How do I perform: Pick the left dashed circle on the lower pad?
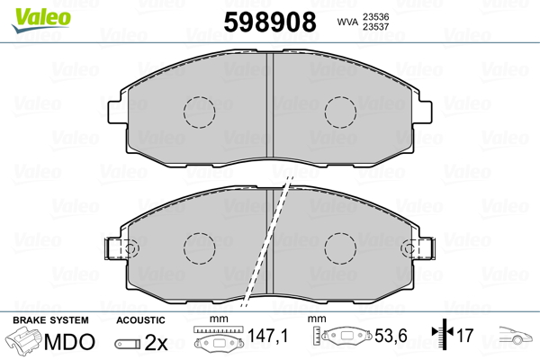[x=200, y=247]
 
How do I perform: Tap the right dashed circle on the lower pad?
[x=341, y=247]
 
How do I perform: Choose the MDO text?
[x=71, y=341]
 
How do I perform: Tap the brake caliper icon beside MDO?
[x=25, y=342]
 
